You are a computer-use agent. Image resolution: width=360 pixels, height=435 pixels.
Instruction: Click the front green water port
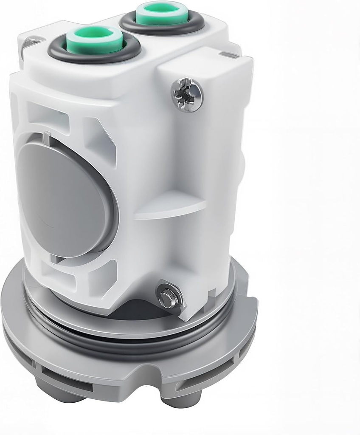click(x=94, y=39)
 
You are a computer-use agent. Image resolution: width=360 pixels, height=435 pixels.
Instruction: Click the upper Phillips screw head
click(x=187, y=95)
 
